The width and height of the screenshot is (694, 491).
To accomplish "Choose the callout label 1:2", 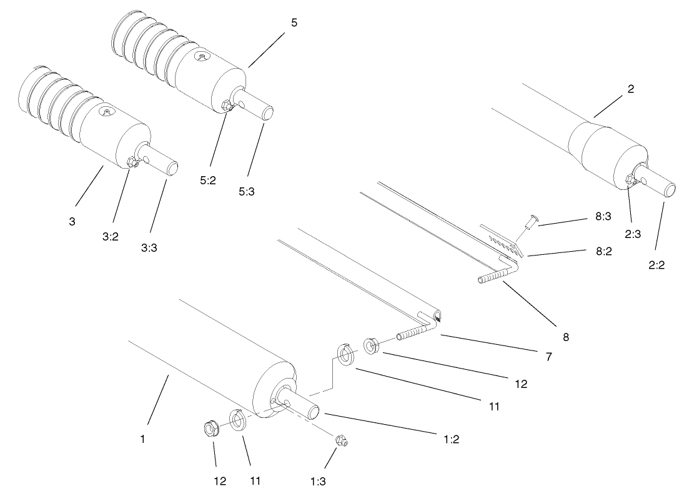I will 451,439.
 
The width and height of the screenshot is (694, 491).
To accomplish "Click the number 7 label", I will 548,357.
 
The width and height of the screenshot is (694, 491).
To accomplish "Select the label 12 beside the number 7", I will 520,384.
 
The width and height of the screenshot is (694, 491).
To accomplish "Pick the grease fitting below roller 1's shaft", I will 342,440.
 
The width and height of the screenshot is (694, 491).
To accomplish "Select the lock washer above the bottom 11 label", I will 237,419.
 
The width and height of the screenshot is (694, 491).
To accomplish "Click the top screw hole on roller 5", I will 201,57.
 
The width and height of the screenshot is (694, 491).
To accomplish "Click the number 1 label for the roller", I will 142,439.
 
